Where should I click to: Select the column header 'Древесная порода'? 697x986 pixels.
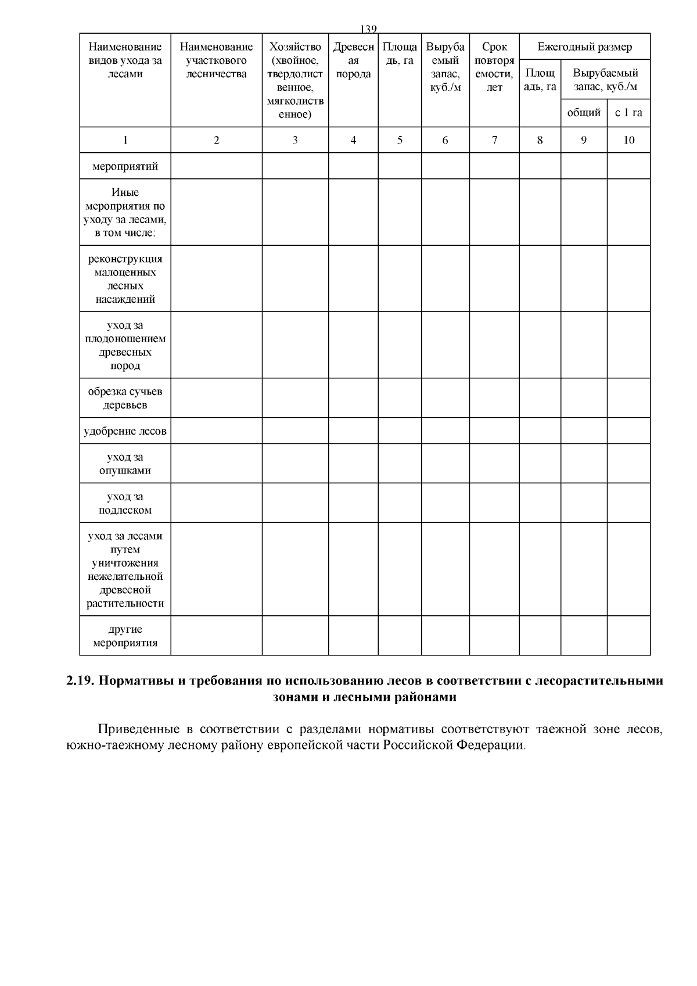353,60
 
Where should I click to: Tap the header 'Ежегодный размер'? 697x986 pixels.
584,47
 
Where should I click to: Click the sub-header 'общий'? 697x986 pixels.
584,113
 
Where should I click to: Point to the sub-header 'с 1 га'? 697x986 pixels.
628,113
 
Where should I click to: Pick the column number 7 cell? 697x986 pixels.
494,140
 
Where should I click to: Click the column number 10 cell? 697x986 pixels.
628,140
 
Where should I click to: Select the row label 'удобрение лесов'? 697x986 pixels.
125,431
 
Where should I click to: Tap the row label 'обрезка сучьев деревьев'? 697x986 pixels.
125,398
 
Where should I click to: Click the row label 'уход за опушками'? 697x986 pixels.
125,464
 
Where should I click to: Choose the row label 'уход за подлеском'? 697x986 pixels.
125,503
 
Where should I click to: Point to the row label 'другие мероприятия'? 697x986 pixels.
125,636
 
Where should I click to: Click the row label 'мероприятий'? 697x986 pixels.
125,167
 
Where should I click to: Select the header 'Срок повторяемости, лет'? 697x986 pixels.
494,67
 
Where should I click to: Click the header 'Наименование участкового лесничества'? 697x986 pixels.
216,60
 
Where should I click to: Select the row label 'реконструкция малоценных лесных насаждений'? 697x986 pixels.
125,279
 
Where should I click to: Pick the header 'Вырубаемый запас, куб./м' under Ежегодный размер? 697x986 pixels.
605,80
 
